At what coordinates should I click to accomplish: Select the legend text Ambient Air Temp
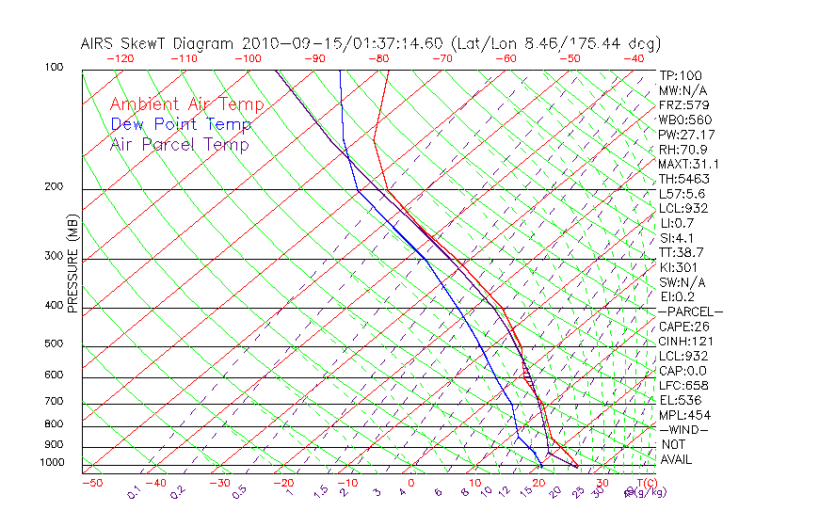[186, 104]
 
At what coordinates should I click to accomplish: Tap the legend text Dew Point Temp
[181, 124]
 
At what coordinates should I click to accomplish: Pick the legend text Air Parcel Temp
[180, 144]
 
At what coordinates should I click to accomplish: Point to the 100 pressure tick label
[54, 68]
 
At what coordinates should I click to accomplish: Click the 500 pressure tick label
[54, 344]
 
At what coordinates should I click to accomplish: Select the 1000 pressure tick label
[51, 463]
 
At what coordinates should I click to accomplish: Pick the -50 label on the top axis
[570, 58]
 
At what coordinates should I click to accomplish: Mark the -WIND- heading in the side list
[683, 429]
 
